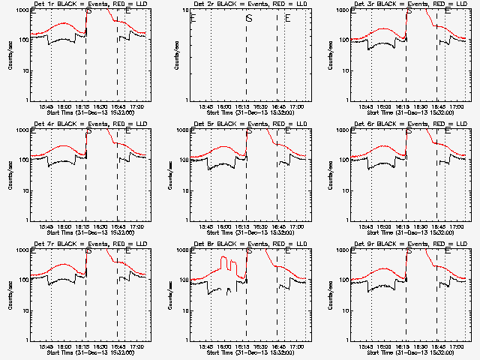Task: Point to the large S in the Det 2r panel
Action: click(249, 19)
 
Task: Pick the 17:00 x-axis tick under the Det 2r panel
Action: click(297, 106)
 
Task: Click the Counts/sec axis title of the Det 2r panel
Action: click(170, 55)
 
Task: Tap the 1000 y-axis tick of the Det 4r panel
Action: click(22, 130)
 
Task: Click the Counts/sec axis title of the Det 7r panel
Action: click(10, 295)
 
